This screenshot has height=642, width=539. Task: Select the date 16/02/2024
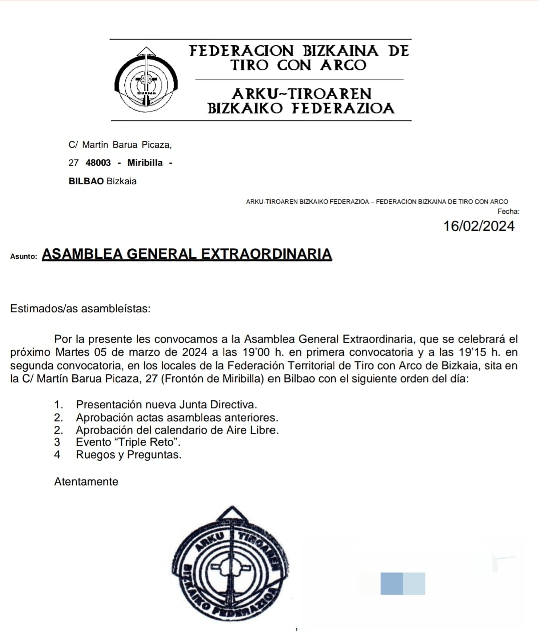479,226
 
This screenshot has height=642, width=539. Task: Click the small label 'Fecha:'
508,212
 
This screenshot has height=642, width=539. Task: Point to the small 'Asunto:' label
24,256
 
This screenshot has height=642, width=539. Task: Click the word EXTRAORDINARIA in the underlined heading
266,254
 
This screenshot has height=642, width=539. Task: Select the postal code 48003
98,163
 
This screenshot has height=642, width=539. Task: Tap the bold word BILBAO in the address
86,181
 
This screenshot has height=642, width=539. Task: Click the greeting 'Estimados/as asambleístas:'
80,308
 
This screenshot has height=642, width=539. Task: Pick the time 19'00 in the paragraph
249,352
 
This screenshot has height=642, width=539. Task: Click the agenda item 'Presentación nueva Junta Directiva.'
166,405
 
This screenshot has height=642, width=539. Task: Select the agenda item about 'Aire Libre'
177,430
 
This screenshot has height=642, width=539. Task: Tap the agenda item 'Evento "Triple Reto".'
128,442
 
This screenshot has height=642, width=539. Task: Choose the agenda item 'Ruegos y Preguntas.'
128,455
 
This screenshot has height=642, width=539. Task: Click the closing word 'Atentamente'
86,482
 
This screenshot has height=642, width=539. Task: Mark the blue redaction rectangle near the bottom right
402,584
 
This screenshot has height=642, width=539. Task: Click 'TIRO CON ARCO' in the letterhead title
299,65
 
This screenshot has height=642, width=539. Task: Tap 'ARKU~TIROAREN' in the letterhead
302,94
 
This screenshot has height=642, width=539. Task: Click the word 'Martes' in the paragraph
74,352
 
